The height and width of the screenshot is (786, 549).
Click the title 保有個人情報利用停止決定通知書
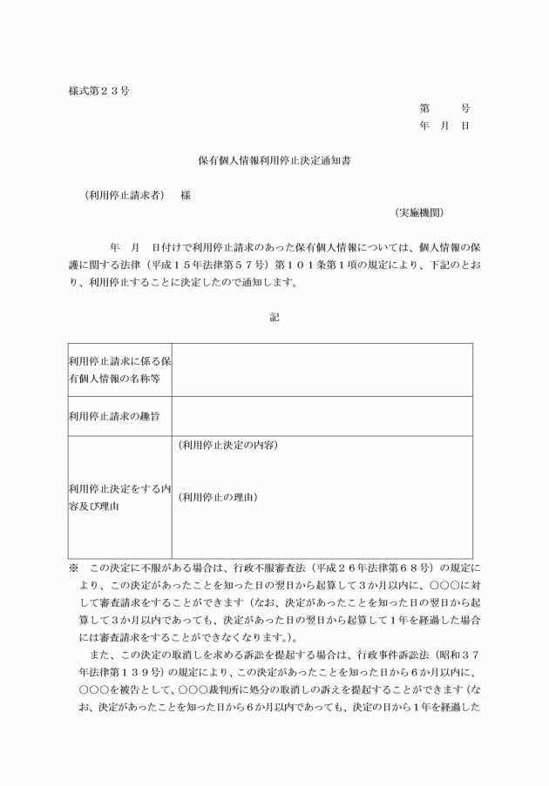(x=274, y=161)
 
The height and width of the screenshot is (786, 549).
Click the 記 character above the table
(x=274, y=318)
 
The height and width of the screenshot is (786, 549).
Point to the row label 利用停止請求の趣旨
(x=113, y=417)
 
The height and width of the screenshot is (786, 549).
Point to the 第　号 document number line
(x=444, y=109)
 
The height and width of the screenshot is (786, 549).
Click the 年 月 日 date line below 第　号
(x=444, y=126)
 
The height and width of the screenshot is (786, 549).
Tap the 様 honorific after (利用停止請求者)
(x=186, y=195)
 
